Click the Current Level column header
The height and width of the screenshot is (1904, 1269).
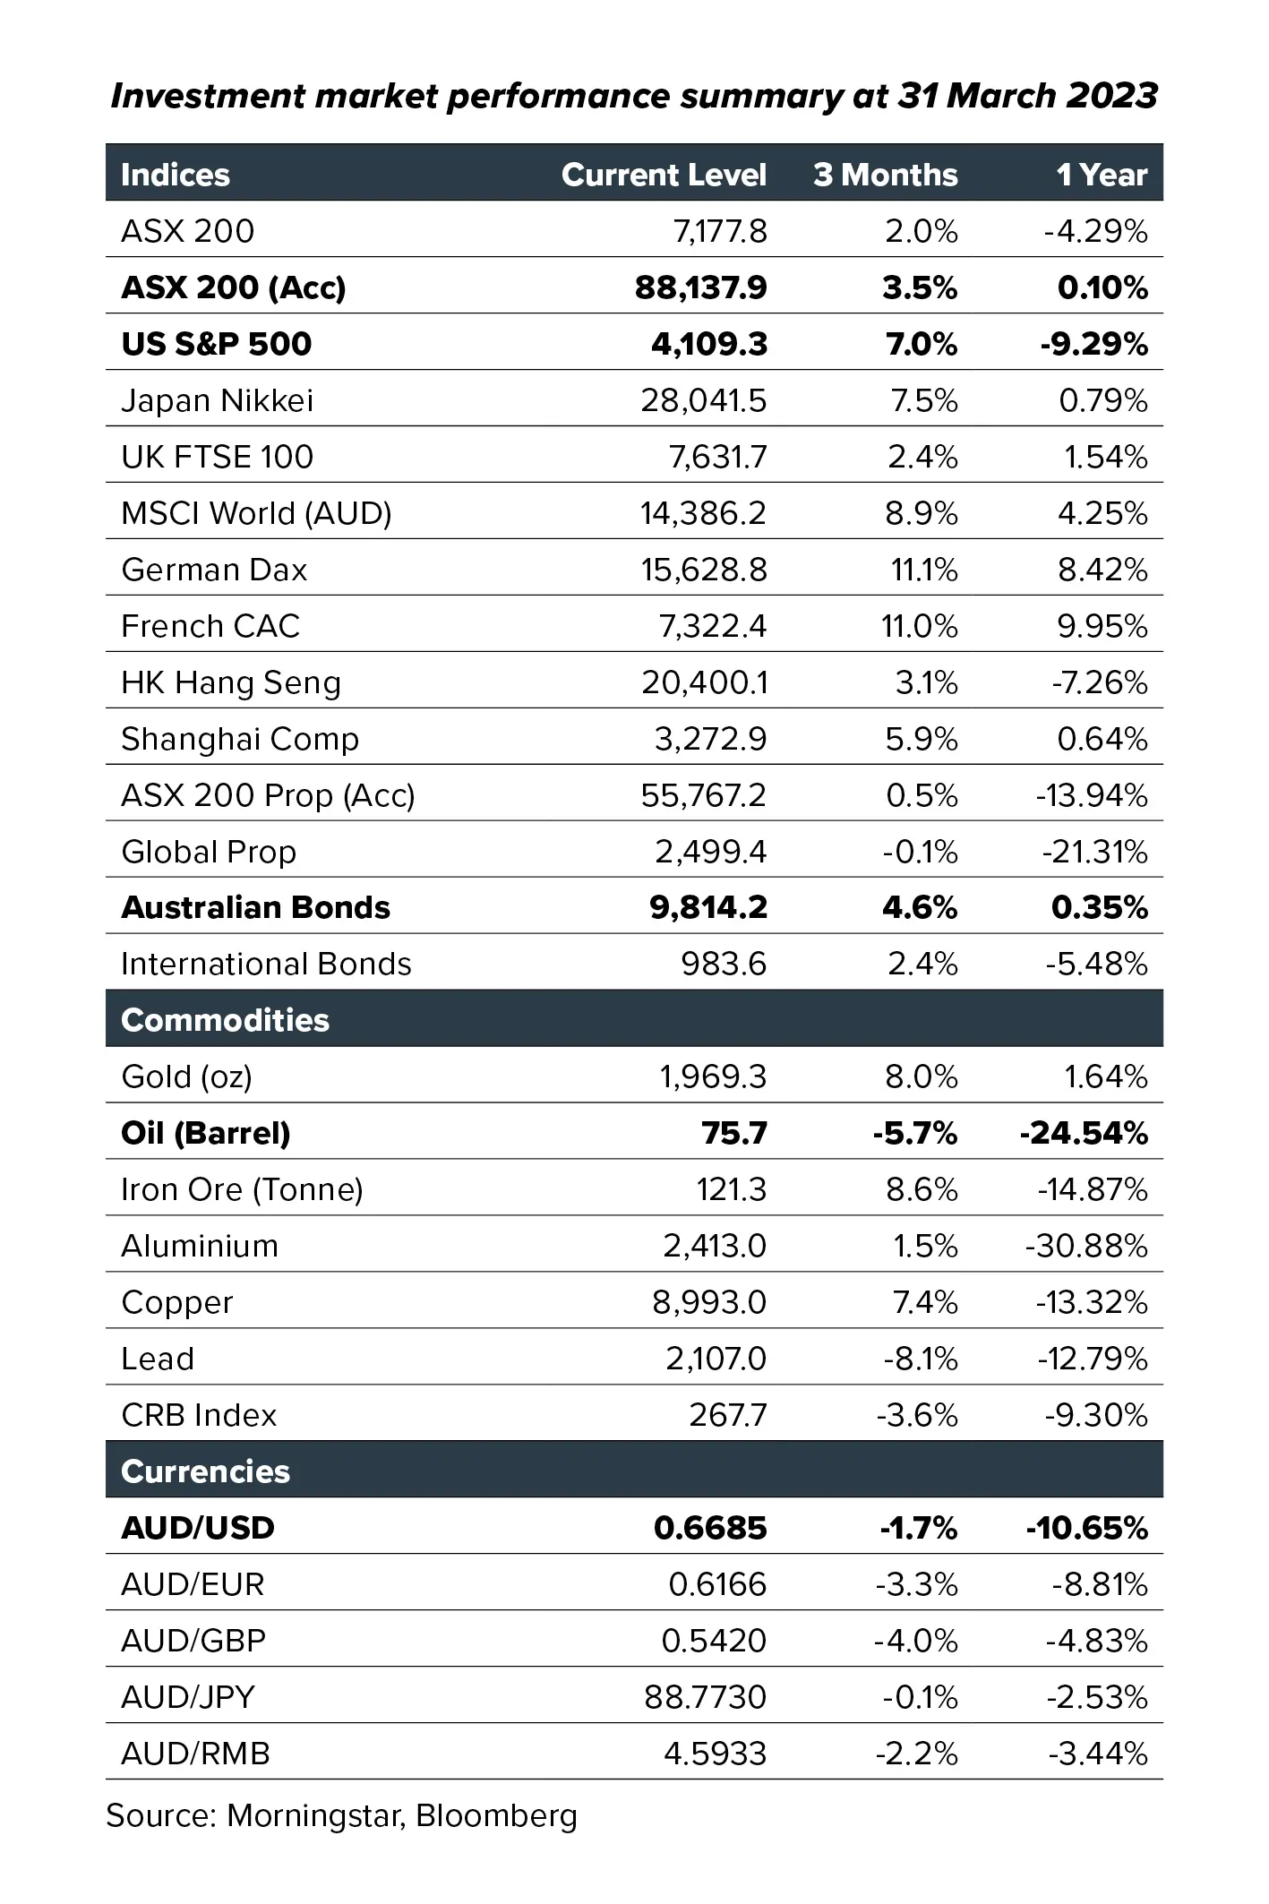coord(664,175)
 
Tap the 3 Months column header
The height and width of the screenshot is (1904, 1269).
coord(886,175)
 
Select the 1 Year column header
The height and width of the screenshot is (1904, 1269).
coord(1102,175)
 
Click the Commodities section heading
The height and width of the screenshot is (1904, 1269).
coord(225,1020)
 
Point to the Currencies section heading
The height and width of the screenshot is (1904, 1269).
coord(205,1471)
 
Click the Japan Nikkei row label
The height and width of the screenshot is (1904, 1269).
coord(218,400)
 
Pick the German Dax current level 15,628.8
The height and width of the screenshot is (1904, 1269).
coord(704,570)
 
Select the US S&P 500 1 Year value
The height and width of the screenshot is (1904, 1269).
coord(1093,344)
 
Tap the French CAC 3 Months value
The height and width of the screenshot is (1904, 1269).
coord(920,626)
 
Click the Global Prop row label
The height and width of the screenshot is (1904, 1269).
coord(209,852)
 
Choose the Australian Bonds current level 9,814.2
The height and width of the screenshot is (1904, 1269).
coord(708,908)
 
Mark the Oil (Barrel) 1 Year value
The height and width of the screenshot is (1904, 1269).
coord(1084,1134)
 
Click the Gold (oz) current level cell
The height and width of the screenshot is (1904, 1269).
coord(713,1076)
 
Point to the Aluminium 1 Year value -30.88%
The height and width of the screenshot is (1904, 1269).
coord(1086,1247)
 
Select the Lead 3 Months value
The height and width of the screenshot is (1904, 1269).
coord(921,1359)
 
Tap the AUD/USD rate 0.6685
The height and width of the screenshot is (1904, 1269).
coord(710,1528)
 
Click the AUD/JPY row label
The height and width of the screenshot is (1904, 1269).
coord(188,1697)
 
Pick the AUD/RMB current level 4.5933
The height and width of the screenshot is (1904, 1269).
coord(716,1754)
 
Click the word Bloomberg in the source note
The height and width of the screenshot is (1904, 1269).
coord(497,1816)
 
